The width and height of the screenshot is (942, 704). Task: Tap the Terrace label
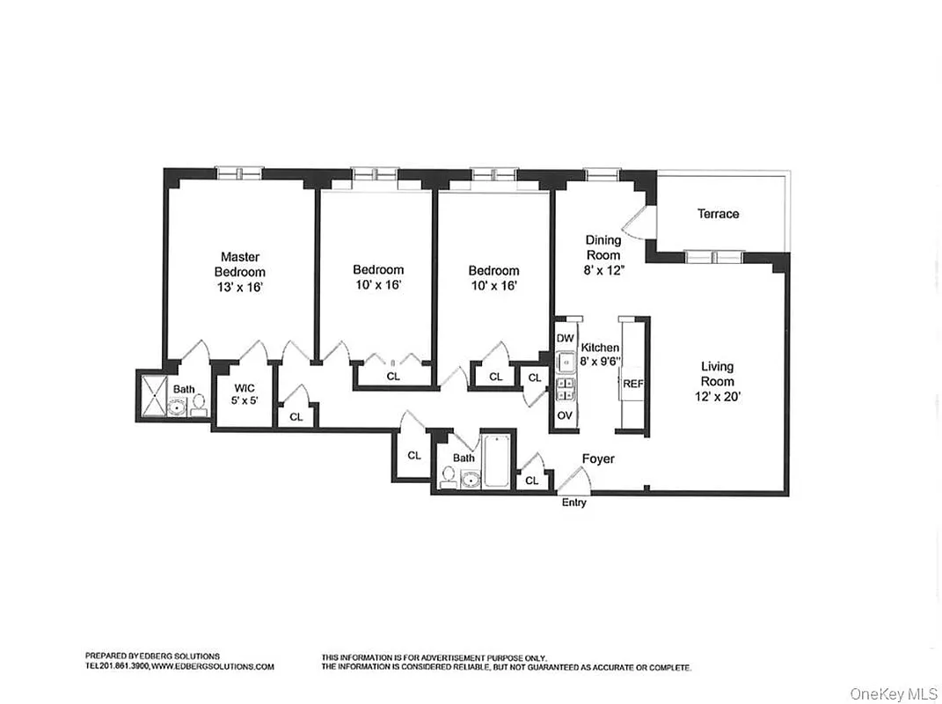point(718,214)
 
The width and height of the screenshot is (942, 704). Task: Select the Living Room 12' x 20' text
point(717,381)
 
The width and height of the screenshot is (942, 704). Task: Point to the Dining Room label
point(603,255)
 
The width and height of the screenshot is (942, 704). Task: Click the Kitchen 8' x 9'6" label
point(600,354)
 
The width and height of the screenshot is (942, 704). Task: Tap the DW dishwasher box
point(565,338)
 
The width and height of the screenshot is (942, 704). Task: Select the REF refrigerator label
point(633,385)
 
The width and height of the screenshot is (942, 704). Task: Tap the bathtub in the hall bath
point(496,461)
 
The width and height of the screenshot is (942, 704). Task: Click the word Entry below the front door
point(573,502)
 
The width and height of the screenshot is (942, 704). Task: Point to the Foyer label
point(598,459)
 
